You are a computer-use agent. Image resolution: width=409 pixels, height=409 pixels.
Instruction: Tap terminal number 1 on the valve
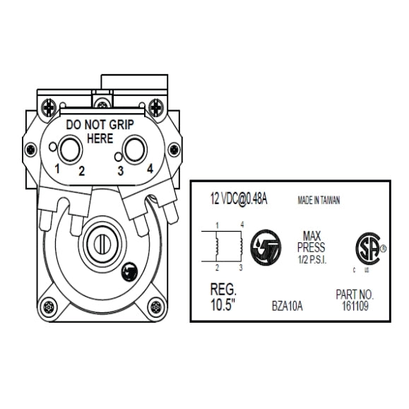[x=58, y=170]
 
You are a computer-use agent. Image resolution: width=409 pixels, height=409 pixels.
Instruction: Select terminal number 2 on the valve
[x=82, y=170]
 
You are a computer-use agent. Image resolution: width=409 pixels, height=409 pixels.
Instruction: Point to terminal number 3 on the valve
[x=121, y=170]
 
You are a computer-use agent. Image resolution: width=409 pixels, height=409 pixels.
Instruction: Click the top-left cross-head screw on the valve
[x=49, y=107]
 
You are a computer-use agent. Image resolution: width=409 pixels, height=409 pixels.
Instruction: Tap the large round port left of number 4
[x=134, y=149]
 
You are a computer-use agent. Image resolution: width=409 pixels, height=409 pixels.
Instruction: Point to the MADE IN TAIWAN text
[x=318, y=200]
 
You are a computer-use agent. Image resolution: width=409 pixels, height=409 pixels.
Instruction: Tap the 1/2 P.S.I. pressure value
[x=313, y=259]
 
